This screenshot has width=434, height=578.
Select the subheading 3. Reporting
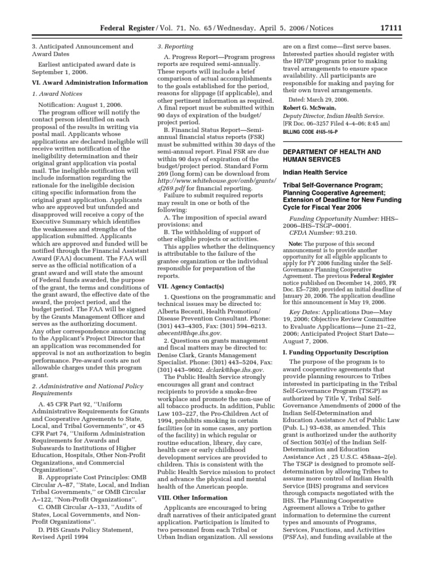[175, 46]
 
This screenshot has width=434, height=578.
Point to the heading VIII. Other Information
[192, 498]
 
